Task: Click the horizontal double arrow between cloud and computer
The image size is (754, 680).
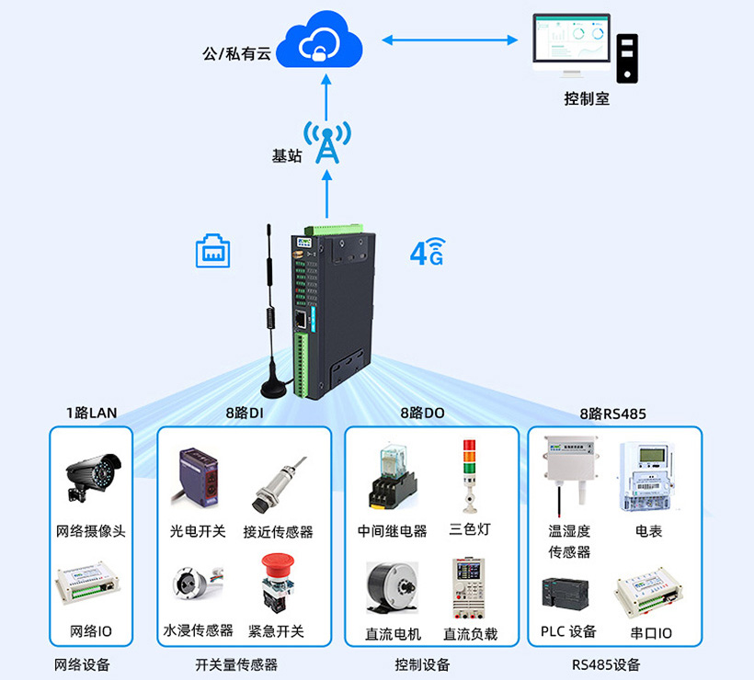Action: pos(450,40)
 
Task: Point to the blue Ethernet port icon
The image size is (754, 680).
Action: pos(212,251)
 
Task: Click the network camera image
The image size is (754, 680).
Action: pos(92,477)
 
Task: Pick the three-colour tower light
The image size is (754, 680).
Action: pos(469,475)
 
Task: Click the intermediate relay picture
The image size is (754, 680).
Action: pos(391,477)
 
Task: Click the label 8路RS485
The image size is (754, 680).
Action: pos(612,414)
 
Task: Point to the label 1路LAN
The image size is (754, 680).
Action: pos(91,413)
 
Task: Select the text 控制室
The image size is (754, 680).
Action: pos(587,98)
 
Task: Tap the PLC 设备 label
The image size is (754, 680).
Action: pos(569,631)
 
